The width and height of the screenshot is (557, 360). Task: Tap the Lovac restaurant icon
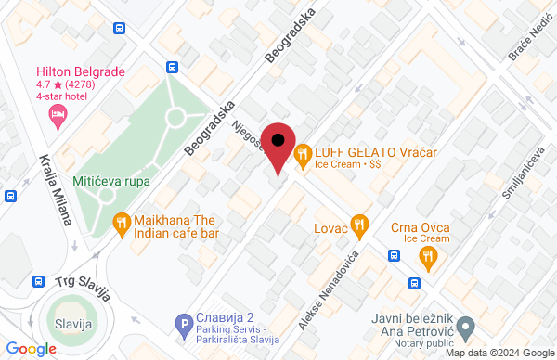(x=360, y=225)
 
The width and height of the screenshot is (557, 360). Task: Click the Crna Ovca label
(x=421, y=227)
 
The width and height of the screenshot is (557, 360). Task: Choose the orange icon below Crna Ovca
(x=427, y=256)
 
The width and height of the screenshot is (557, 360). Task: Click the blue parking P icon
(x=184, y=324)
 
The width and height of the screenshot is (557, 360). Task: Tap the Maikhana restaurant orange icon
(x=121, y=223)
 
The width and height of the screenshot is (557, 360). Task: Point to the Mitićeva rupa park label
(x=110, y=182)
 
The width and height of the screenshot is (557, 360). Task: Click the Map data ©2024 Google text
(x=498, y=353)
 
